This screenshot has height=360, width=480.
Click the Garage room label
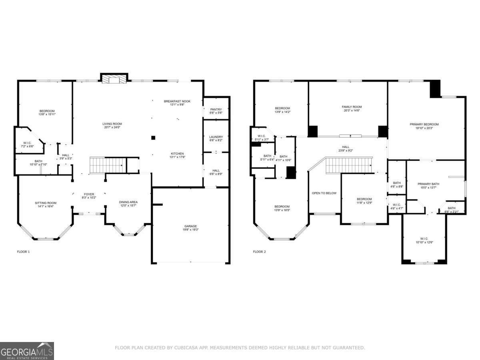pos(190,228)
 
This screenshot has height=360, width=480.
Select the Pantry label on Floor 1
pos(216,111)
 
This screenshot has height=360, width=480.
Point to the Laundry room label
pos(216,138)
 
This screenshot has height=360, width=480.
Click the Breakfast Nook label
pos(177,103)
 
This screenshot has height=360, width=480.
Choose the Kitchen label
pos(177,155)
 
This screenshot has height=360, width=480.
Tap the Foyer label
pos(89,196)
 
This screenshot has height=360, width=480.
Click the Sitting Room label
pos(46,204)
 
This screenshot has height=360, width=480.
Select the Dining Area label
pos(128,204)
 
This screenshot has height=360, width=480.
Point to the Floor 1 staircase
pos(106,165)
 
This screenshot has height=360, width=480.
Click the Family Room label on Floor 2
pos(351,108)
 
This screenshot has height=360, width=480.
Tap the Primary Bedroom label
pos(424,126)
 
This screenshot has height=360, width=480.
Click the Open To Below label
pos(324,193)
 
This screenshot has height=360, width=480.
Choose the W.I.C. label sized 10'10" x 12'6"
pos(424,240)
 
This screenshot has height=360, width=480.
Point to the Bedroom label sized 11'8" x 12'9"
pos(364,201)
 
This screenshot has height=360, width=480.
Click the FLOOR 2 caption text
pos(259,252)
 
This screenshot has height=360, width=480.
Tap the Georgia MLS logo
pos(27,351)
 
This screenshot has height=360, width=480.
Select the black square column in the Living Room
pos(153,138)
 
